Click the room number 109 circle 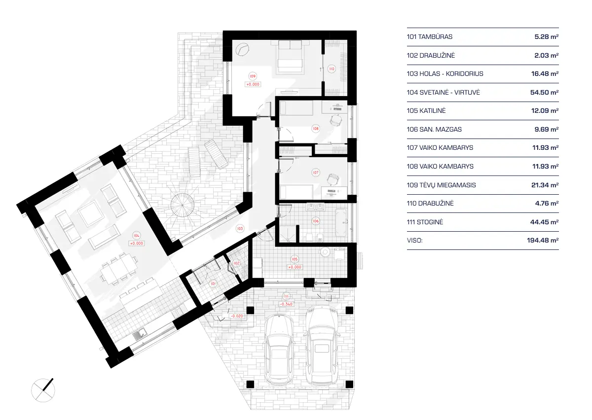252,76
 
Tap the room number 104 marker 137,236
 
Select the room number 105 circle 295,259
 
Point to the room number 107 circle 316,173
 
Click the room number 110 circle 332,69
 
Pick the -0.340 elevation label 286,304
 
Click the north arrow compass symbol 43,389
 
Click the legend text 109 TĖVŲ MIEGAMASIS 441,185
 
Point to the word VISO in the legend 415,241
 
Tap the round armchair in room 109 242,49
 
